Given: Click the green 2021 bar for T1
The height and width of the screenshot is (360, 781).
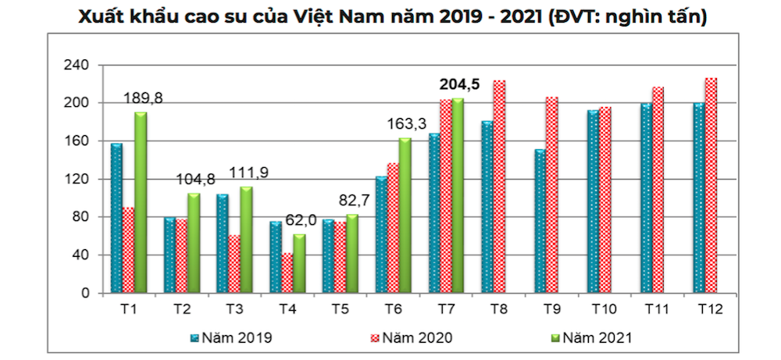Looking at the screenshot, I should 141,203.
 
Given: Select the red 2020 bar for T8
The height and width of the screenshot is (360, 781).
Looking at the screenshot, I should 500,187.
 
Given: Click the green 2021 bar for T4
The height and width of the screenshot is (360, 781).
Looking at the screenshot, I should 300,264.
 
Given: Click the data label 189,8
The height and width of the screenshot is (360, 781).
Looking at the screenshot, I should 144,98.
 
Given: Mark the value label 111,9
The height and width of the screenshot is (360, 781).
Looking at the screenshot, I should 250,173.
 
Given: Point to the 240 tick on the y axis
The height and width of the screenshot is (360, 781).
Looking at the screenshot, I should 81,65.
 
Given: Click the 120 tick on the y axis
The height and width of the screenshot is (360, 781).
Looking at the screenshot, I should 81,179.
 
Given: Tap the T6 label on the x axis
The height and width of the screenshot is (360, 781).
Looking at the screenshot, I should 395,309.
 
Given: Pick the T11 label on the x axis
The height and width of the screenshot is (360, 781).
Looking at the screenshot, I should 658,309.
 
